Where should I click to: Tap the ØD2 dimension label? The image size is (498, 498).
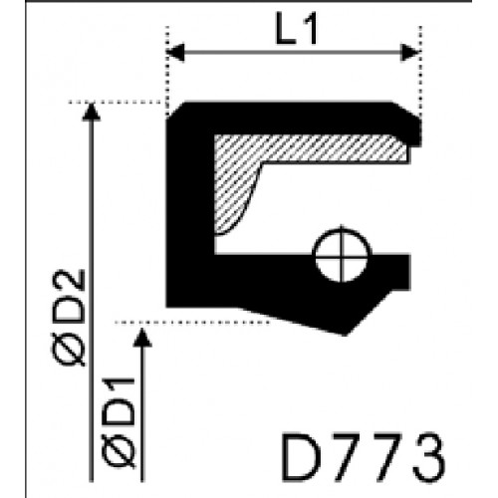(x=70, y=318)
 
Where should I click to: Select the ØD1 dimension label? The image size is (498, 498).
(x=119, y=422)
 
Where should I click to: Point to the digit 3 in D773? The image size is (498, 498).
(x=429, y=457)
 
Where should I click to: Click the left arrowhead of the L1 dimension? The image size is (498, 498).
(x=175, y=52)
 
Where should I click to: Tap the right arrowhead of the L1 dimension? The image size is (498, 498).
(x=410, y=52)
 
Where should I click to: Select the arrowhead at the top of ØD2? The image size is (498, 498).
(x=91, y=112)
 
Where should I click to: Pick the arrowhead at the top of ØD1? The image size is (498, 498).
(x=142, y=338)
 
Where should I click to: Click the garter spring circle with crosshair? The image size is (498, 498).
(x=342, y=255)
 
